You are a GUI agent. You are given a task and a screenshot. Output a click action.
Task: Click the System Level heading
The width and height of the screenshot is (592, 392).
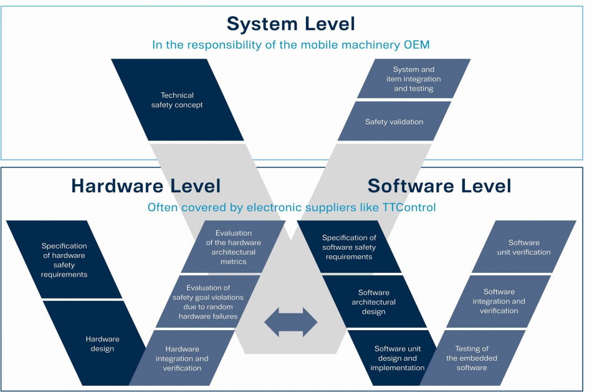(290, 24)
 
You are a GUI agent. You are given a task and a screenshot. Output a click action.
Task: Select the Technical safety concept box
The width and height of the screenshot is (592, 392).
(177, 100)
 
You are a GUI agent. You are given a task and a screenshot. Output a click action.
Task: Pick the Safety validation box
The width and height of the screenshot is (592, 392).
(394, 122)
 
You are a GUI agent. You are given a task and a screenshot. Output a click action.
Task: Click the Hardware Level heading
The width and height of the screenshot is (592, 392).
(146, 185)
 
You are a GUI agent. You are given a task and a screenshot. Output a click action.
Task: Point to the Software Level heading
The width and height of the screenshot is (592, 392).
(439, 185)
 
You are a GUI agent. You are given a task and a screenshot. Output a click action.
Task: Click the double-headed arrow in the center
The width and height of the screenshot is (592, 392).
(291, 322)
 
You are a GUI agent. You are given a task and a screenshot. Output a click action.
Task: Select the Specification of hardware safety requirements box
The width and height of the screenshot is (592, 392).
(64, 260)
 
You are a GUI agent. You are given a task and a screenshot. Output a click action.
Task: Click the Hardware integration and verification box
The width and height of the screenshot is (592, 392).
(183, 358)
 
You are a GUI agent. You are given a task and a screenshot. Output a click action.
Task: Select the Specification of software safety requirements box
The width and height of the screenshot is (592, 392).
(349, 247)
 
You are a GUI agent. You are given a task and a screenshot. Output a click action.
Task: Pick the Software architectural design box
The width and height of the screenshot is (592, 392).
(374, 301)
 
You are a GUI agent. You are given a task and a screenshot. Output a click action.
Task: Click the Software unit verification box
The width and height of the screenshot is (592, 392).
(524, 247)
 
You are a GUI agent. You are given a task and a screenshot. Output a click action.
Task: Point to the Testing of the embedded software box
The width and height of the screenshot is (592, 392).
(472, 358)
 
